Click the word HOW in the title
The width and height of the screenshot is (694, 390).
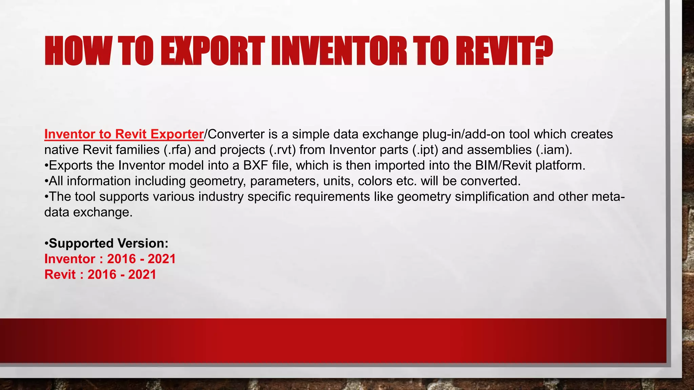coord(77,51)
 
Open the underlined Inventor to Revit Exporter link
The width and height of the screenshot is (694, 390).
coord(124,134)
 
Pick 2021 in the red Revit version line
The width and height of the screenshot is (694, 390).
coord(142,275)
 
